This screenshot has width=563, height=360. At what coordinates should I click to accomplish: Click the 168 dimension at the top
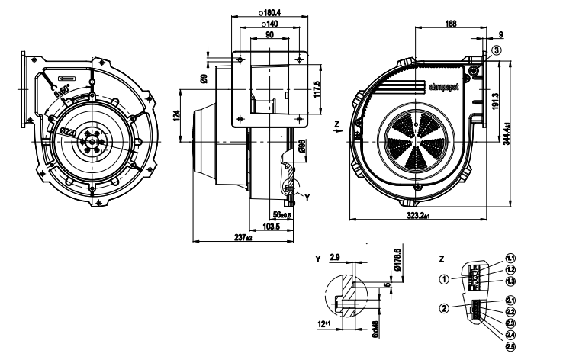click(x=452, y=23)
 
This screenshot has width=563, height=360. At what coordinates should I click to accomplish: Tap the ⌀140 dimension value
click(x=270, y=24)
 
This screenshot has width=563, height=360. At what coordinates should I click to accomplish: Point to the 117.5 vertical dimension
click(x=316, y=88)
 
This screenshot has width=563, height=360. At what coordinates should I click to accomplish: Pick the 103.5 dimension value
click(x=264, y=227)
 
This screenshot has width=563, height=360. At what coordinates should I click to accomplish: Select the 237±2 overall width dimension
click(x=243, y=238)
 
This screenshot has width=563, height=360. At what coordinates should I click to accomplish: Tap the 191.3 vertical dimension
click(x=496, y=103)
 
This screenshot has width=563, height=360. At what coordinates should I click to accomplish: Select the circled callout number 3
click(x=497, y=50)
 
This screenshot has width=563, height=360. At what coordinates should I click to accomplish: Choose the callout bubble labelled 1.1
click(x=510, y=259)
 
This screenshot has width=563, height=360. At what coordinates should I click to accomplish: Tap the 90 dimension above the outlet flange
click(x=270, y=36)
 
